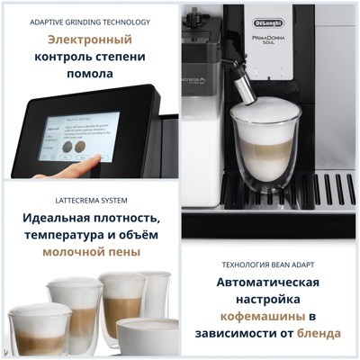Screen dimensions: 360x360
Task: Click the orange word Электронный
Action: (89, 40)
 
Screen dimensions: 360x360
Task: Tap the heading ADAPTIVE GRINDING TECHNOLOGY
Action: (90, 21)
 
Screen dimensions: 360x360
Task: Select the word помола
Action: (90, 74)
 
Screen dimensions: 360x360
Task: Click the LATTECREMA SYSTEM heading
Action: (89, 199)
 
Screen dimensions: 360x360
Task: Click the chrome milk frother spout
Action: (243, 91)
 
